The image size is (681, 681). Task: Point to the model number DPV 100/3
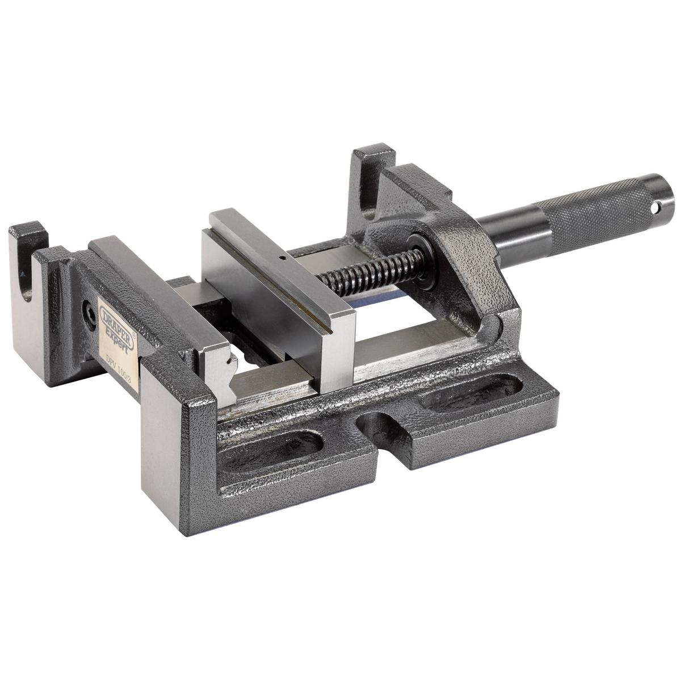point(120,355)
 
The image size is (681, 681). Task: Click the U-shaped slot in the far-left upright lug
point(26,272)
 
